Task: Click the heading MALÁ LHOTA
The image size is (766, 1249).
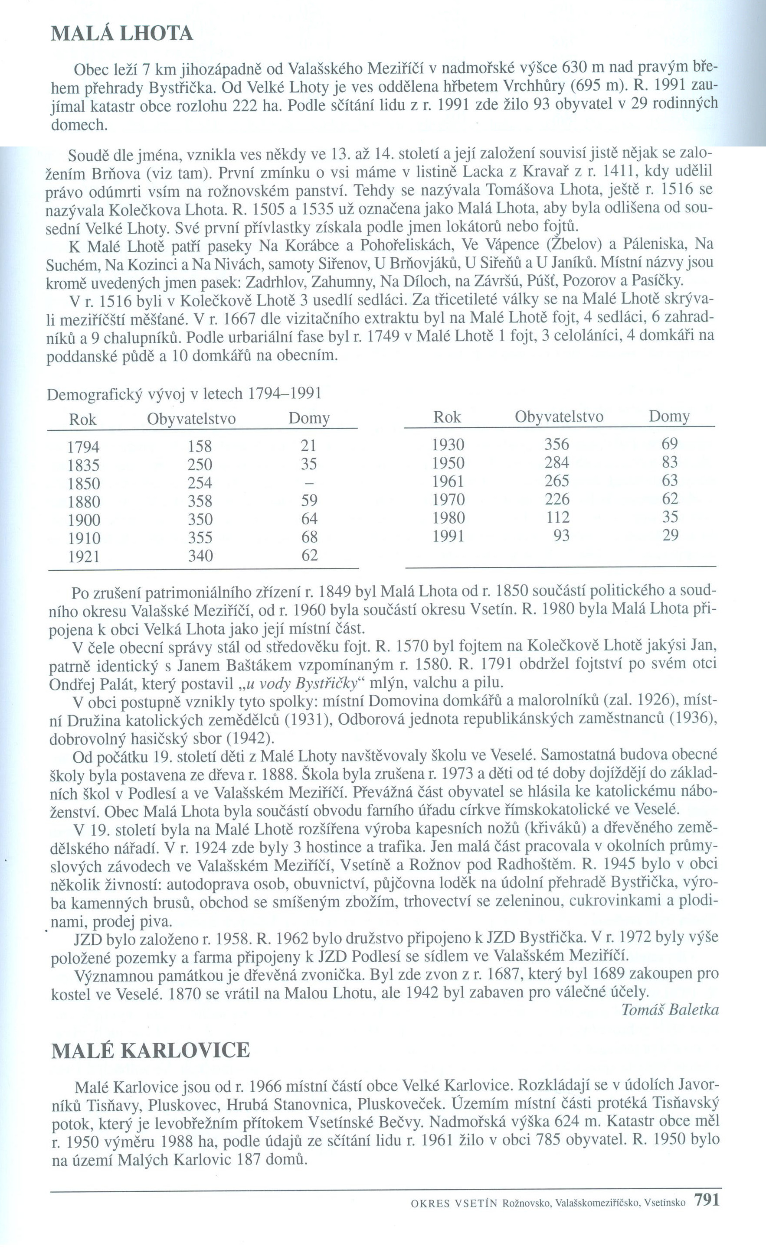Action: click(x=122, y=33)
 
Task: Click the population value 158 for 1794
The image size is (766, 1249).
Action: click(x=200, y=446)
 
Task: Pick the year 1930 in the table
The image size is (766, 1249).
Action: click(x=448, y=445)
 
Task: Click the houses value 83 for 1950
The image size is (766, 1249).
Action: click(x=670, y=462)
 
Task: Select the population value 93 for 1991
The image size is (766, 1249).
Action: click(x=561, y=536)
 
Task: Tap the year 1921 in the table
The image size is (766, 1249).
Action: click(x=84, y=556)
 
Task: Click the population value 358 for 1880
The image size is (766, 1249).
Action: click(x=200, y=501)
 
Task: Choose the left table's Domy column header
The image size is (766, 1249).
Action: click(x=309, y=419)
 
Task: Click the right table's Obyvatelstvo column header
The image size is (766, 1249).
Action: click(x=559, y=416)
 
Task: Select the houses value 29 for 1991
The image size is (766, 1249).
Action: click(x=670, y=535)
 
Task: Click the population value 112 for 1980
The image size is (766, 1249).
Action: click(x=557, y=517)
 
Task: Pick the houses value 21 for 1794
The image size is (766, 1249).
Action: click(x=308, y=446)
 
